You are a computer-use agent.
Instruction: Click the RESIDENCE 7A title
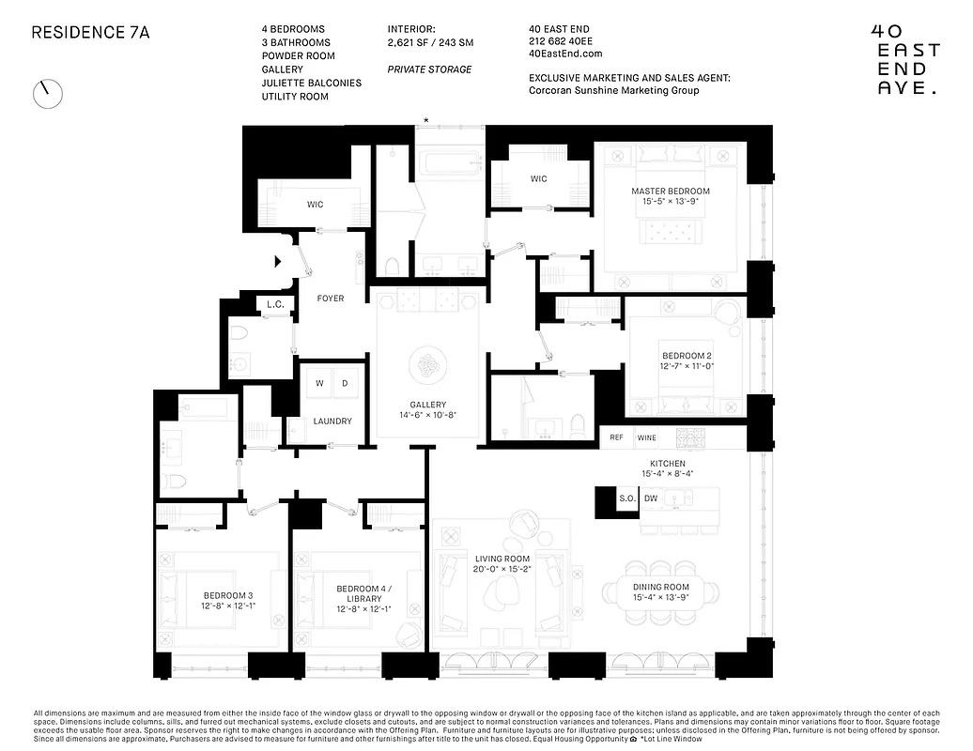tap(90, 32)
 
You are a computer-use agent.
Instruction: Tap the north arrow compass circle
tap(47, 93)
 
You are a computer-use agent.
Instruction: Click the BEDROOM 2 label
tap(687, 361)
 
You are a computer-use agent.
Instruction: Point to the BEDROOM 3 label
tap(228, 601)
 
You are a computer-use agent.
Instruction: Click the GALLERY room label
tap(427, 409)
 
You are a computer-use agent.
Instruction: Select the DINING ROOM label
tap(660, 592)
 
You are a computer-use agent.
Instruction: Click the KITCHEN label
tap(668, 468)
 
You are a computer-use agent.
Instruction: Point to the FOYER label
tap(331, 299)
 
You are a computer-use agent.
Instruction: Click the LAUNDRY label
tap(332, 421)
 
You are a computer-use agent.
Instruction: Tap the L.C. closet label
tap(275, 304)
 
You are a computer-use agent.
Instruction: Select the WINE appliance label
tap(646, 437)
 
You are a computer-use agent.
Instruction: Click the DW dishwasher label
tap(651, 498)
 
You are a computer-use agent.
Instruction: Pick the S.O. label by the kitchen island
tap(625, 498)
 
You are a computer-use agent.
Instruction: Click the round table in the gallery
tap(427, 365)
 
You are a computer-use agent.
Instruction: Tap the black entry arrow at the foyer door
tap(278, 262)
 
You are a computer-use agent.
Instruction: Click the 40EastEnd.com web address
tap(565, 54)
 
